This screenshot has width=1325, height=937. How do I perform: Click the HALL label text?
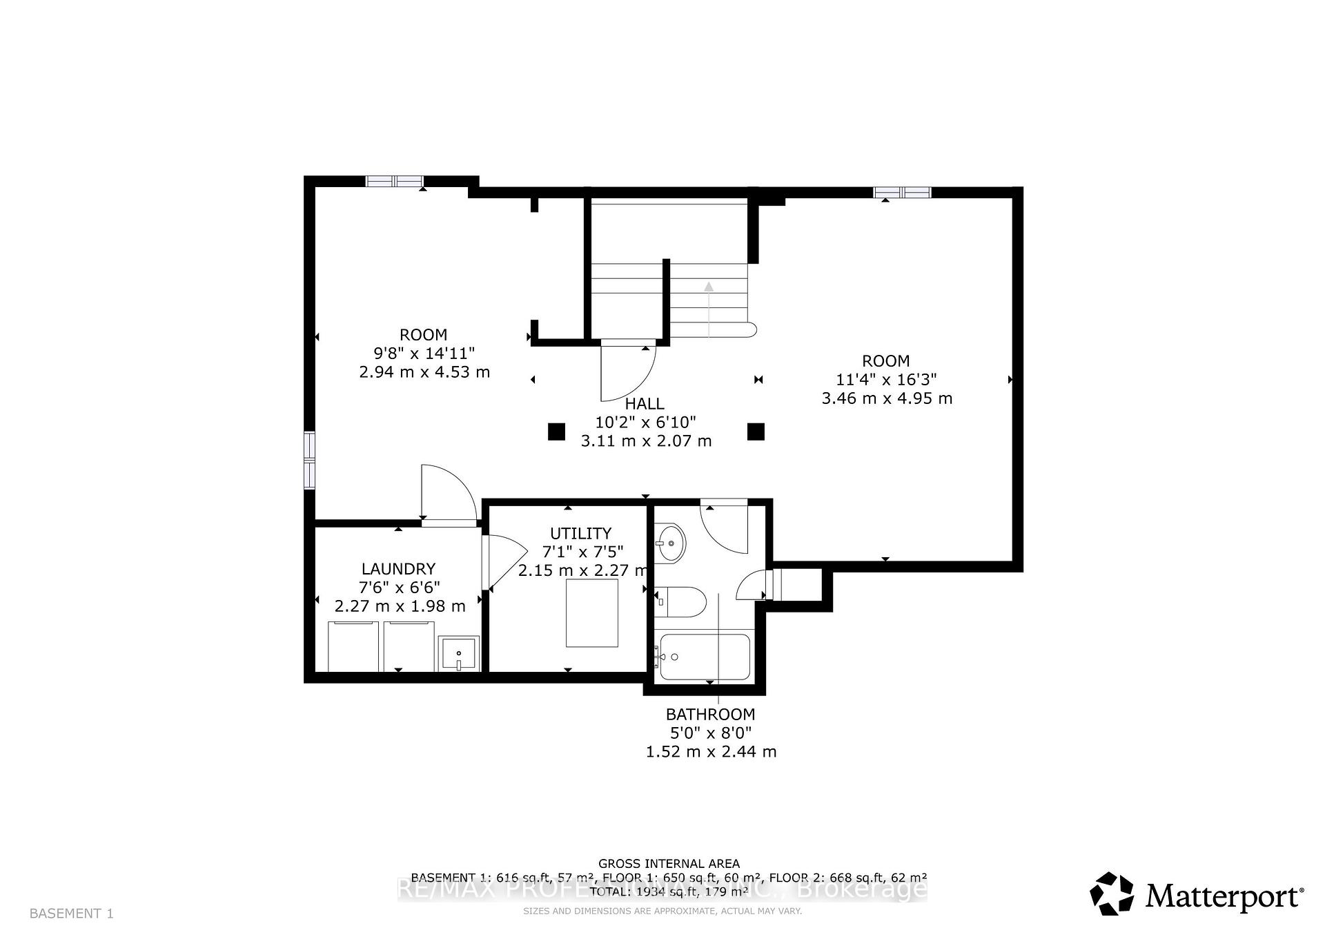point(645,404)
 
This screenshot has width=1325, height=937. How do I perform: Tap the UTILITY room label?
point(580,533)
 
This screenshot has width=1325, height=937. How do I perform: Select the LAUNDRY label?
point(398,569)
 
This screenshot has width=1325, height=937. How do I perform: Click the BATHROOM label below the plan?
point(710,715)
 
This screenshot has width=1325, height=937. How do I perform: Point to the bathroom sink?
point(669,543)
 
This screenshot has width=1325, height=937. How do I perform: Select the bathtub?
point(705,657)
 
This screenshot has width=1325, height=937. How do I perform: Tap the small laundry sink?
point(459,654)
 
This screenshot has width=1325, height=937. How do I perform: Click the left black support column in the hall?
point(556,432)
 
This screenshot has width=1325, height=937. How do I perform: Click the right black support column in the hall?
point(756,432)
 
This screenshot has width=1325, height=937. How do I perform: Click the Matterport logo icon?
point(1112,893)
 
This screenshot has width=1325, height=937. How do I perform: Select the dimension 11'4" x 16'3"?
point(886,380)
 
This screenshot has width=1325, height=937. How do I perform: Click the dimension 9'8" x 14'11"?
point(424,354)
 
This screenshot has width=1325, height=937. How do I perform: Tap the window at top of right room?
point(902,193)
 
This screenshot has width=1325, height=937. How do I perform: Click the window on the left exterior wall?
point(310,460)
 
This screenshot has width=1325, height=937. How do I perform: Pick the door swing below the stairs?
point(627,371)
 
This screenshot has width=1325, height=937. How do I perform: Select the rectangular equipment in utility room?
point(592,613)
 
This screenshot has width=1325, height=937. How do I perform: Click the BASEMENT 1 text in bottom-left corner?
point(72,914)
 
